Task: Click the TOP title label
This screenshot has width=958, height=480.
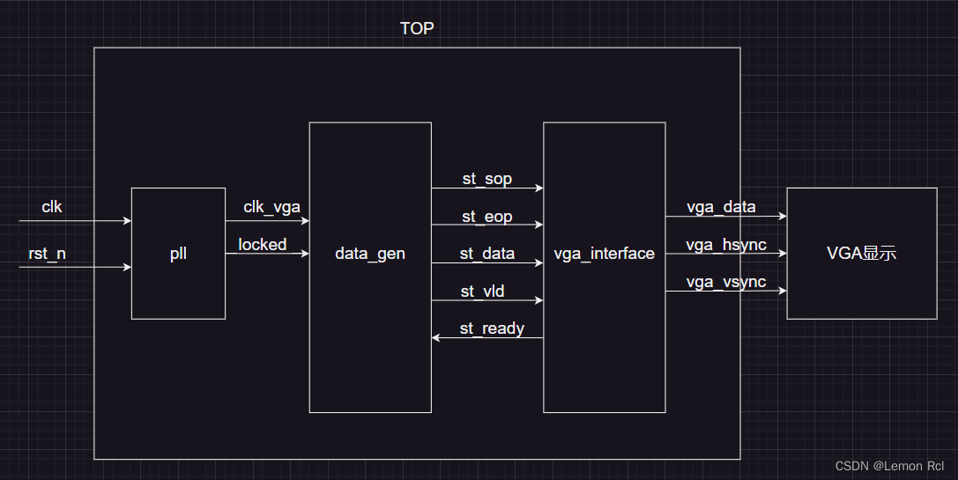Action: coord(417,28)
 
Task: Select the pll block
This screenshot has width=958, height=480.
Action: coord(178,254)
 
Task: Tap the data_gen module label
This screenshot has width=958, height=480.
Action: coord(370,254)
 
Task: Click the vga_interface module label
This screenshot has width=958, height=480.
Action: coord(604,254)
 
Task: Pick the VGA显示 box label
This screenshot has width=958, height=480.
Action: coord(861,254)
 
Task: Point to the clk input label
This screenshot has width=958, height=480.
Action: coord(52,207)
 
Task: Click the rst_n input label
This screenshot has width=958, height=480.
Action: coord(47,254)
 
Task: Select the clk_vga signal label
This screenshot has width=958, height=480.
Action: coord(271,207)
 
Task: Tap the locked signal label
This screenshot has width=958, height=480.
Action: coord(263,244)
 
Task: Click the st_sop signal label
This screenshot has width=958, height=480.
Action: coord(486,179)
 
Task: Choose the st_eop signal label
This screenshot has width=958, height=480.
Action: coord(486,217)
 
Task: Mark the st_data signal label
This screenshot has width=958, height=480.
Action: coord(486,254)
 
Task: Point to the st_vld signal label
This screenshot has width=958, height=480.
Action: coord(482,291)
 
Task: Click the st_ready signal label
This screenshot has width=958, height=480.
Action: coord(492,329)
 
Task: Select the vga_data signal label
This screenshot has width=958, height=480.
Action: coord(721,207)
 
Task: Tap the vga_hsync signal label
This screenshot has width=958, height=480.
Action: coord(726,244)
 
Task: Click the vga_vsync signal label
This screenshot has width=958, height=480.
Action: coord(726,282)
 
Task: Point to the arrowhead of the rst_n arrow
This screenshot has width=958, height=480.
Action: coord(127,266)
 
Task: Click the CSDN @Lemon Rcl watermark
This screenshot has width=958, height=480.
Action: coord(889,466)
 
